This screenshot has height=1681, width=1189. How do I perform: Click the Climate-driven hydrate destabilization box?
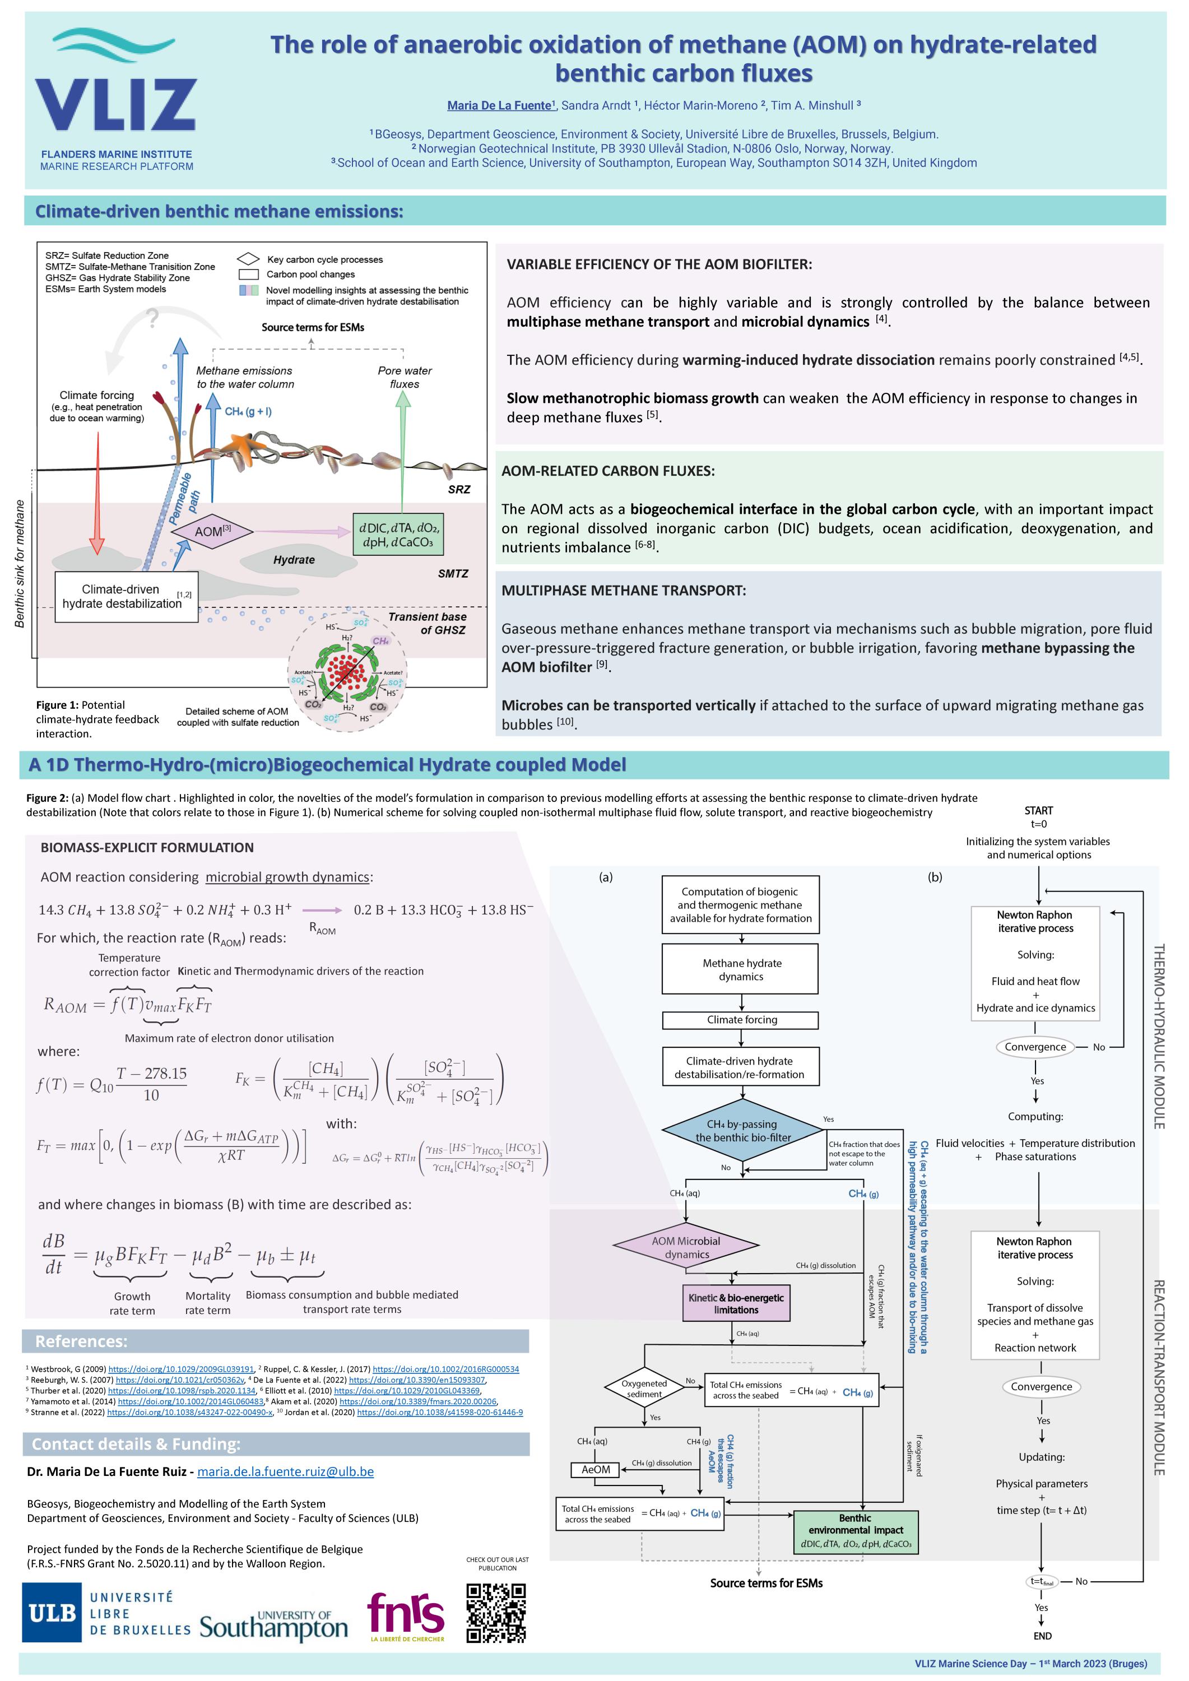click(x=127, y=597)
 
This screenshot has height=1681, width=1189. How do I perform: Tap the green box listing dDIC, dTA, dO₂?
click(x=398, y=535)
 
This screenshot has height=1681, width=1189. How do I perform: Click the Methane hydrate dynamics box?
click(x=740, y=969)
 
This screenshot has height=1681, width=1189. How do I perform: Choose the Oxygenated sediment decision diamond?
click(x=644, y=1389)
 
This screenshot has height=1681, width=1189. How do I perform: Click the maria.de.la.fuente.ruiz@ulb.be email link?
click(x=286, y=1471)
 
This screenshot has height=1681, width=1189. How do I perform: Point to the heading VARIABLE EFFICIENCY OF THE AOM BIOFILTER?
click(x=659, y=264)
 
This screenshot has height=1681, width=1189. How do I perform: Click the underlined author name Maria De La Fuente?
click(x=499, y=105)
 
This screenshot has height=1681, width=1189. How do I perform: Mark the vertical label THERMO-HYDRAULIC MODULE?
click(x=1159, y=1036)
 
